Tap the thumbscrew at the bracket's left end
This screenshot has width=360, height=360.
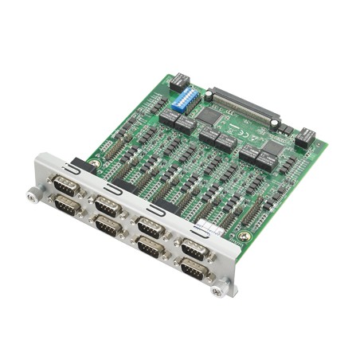tap(33, 194)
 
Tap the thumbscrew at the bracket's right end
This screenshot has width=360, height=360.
tap(217, 292)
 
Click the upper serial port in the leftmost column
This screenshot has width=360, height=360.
tap(64, 187)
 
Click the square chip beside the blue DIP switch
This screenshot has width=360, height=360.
tap(209, 115)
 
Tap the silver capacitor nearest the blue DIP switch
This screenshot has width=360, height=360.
tap(209, 96)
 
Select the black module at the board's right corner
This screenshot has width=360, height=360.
tap(305, 139)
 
